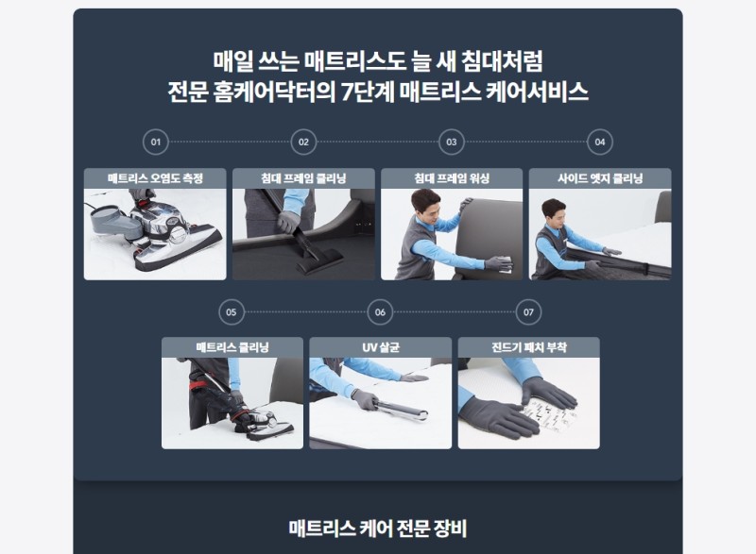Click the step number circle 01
click(156, 142)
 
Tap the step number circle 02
click(303, 142)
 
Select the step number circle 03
click(452, 142)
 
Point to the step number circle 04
click(600, 142)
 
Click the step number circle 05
click(232, 311)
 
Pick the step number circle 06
click(380, 311)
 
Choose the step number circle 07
click(528, 311)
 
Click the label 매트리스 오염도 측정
click(155, 178)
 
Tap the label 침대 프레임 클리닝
click(303, 178)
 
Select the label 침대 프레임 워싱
click(452, 178)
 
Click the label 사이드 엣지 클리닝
click(600, 178)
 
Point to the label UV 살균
click(381, 347)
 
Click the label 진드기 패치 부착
click(529, 347)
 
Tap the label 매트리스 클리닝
click(232, 347)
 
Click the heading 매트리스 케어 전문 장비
click(378, 529)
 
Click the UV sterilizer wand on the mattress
click(401, 411)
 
